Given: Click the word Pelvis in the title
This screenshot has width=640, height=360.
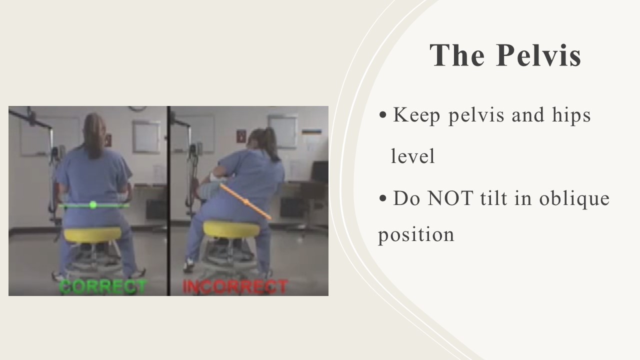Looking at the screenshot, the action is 538,55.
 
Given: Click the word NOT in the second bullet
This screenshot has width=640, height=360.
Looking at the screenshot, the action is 450,198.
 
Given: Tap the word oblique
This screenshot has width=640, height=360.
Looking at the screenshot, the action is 574,199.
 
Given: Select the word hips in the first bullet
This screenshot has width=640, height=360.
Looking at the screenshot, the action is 571,115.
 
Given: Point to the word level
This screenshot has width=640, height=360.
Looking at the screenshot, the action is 412,156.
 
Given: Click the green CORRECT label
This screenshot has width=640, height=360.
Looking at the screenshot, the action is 103,287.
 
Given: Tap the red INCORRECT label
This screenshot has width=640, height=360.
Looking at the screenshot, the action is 235,287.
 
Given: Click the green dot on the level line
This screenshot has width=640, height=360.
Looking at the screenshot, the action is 93,204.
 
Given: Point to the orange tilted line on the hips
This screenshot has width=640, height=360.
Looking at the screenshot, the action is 245,202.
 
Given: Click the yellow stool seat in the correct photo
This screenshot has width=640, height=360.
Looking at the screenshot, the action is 92,234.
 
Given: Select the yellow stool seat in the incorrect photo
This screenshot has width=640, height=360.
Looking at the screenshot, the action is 231,229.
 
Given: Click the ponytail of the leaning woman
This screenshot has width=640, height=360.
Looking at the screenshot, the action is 271,143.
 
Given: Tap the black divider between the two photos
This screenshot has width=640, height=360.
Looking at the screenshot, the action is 168,201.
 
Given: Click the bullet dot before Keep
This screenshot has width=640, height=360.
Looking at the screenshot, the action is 382,115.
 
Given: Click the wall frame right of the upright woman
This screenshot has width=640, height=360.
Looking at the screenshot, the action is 146,137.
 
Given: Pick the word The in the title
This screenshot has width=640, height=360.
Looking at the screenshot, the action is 457,55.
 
